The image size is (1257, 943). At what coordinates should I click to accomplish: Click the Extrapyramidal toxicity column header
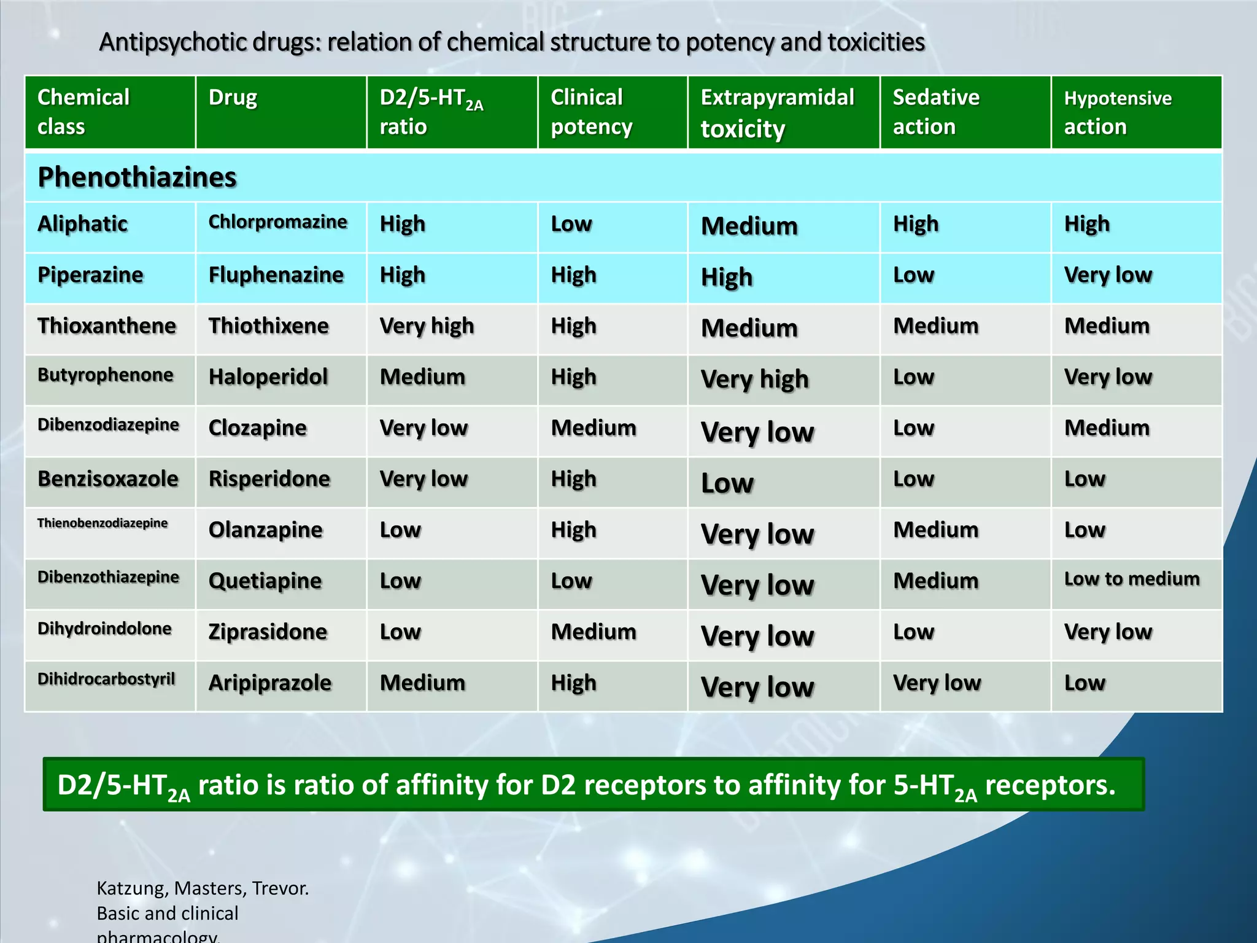tap(777, 113)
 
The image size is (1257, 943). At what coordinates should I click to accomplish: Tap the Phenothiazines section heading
tap(137, 177)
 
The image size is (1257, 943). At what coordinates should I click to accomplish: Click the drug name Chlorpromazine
tap(277, 222)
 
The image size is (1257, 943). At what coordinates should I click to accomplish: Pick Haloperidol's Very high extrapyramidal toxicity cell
tap(754, 379)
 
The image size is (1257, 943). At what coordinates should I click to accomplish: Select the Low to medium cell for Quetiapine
tap(1131, 578)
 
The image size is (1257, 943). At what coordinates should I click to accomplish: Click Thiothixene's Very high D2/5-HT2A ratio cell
tap(427, 326)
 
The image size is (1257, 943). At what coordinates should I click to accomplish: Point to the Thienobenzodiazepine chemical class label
tap(102, 523)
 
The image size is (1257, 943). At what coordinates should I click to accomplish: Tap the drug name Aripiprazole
tap(269, 683)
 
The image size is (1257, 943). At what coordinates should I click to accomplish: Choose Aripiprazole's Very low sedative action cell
tap(937, 683)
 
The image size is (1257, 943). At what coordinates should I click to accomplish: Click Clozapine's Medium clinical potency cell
tap(593, 428)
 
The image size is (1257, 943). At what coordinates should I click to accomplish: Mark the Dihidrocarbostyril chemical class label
tap(106, 679)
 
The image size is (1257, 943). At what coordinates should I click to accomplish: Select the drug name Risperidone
tap(269, 479)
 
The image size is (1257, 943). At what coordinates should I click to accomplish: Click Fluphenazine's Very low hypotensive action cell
tap(1108, 275)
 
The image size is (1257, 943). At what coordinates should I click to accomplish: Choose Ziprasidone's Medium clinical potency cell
tap(593, 632)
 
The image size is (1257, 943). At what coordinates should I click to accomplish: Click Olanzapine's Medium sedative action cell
tap(935, 530)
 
